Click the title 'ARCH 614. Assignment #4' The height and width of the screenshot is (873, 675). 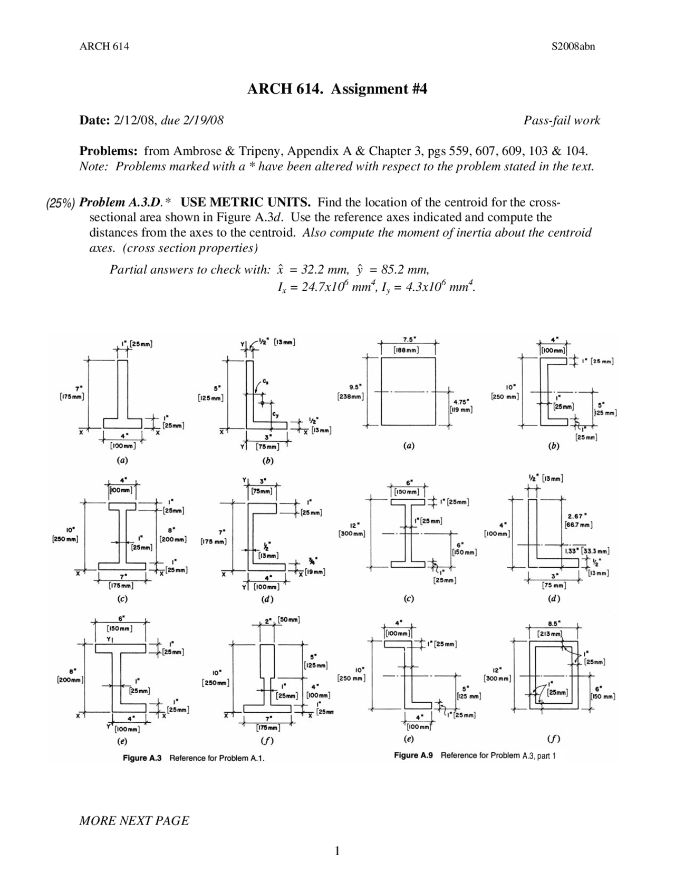[x=337, y=89]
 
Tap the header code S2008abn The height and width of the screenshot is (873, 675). [x=573, y=46]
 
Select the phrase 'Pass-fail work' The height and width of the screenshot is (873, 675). [x=562, y=121]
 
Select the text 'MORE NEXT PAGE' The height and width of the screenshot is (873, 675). [x=134, y=820]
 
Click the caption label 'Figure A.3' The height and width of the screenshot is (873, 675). [x=142, y=758]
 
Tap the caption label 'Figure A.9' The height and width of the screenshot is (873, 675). [x=413, y=755]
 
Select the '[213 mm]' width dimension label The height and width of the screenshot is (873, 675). [x=549, y=634]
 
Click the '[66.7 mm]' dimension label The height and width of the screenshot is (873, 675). [x=578, y=525]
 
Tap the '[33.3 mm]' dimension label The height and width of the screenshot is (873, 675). [x=595, y=551]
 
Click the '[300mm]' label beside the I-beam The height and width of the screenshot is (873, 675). [x=351, y=533]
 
